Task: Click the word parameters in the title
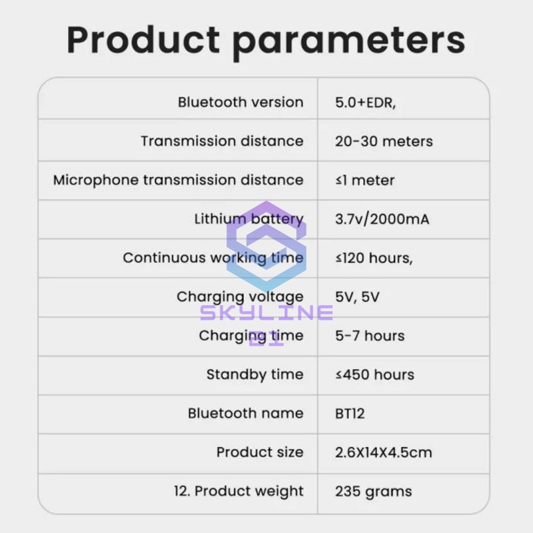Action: point(348,41)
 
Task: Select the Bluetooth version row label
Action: point(240,103)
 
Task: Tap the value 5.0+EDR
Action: point(366,103)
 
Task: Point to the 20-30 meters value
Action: point(384,141)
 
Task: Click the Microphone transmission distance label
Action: point(178,180)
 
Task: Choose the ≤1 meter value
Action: point(365,180)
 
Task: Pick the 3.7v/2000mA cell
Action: point(382,219)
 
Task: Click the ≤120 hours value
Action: point(374,258)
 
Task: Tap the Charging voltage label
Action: point(240,296)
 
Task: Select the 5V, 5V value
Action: point(357,296)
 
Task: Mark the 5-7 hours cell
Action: point(370,335)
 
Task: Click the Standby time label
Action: point(255,374)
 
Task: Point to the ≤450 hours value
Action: point(374,374)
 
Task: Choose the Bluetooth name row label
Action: point(245,413)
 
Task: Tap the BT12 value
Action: point(350,413)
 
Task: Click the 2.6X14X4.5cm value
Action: point(383,452)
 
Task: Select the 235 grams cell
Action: point(373,492)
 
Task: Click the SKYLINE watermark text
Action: point(266,312)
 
